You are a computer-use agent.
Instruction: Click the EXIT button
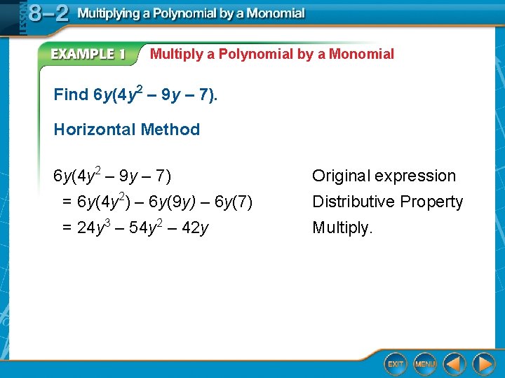(396, 363)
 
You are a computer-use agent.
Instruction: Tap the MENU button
(425, 363)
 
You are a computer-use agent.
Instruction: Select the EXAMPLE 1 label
(88, 55)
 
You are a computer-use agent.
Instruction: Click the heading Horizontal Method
(126, 129)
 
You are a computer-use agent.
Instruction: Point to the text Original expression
(384, 176)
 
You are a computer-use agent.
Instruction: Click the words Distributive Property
(387, 202)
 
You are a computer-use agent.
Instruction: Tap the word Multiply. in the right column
(343, 227)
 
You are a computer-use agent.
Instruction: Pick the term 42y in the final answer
(194, 227)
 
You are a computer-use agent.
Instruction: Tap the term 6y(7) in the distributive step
(234, 202)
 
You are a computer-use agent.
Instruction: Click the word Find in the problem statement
(71, 94)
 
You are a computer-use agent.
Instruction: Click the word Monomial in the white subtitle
(361, 54)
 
